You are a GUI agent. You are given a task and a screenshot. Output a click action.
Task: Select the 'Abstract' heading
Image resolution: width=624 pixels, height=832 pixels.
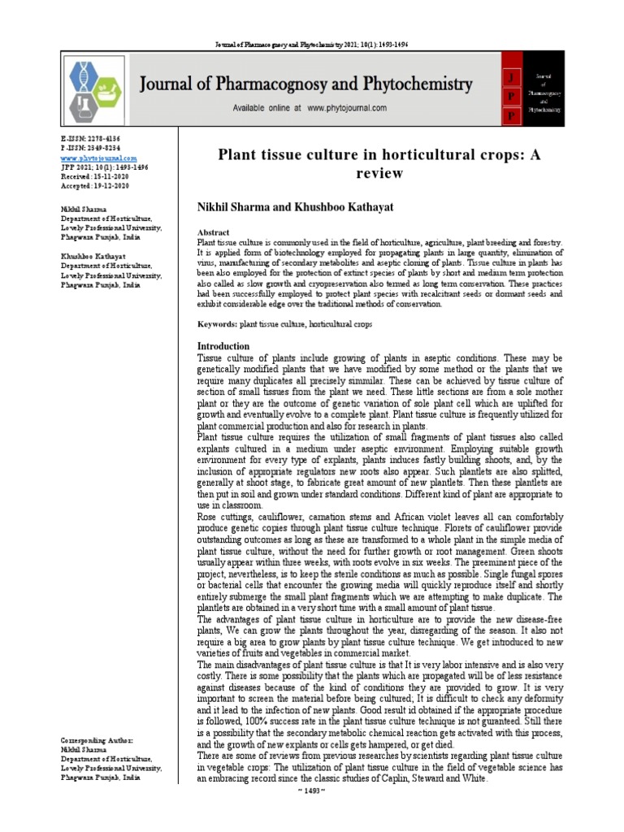pos(214,232)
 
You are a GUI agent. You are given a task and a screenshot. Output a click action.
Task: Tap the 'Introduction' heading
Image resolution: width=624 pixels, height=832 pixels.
pos(224,346)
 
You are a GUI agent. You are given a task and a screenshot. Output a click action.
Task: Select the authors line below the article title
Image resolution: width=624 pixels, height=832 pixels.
pos(296,207)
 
